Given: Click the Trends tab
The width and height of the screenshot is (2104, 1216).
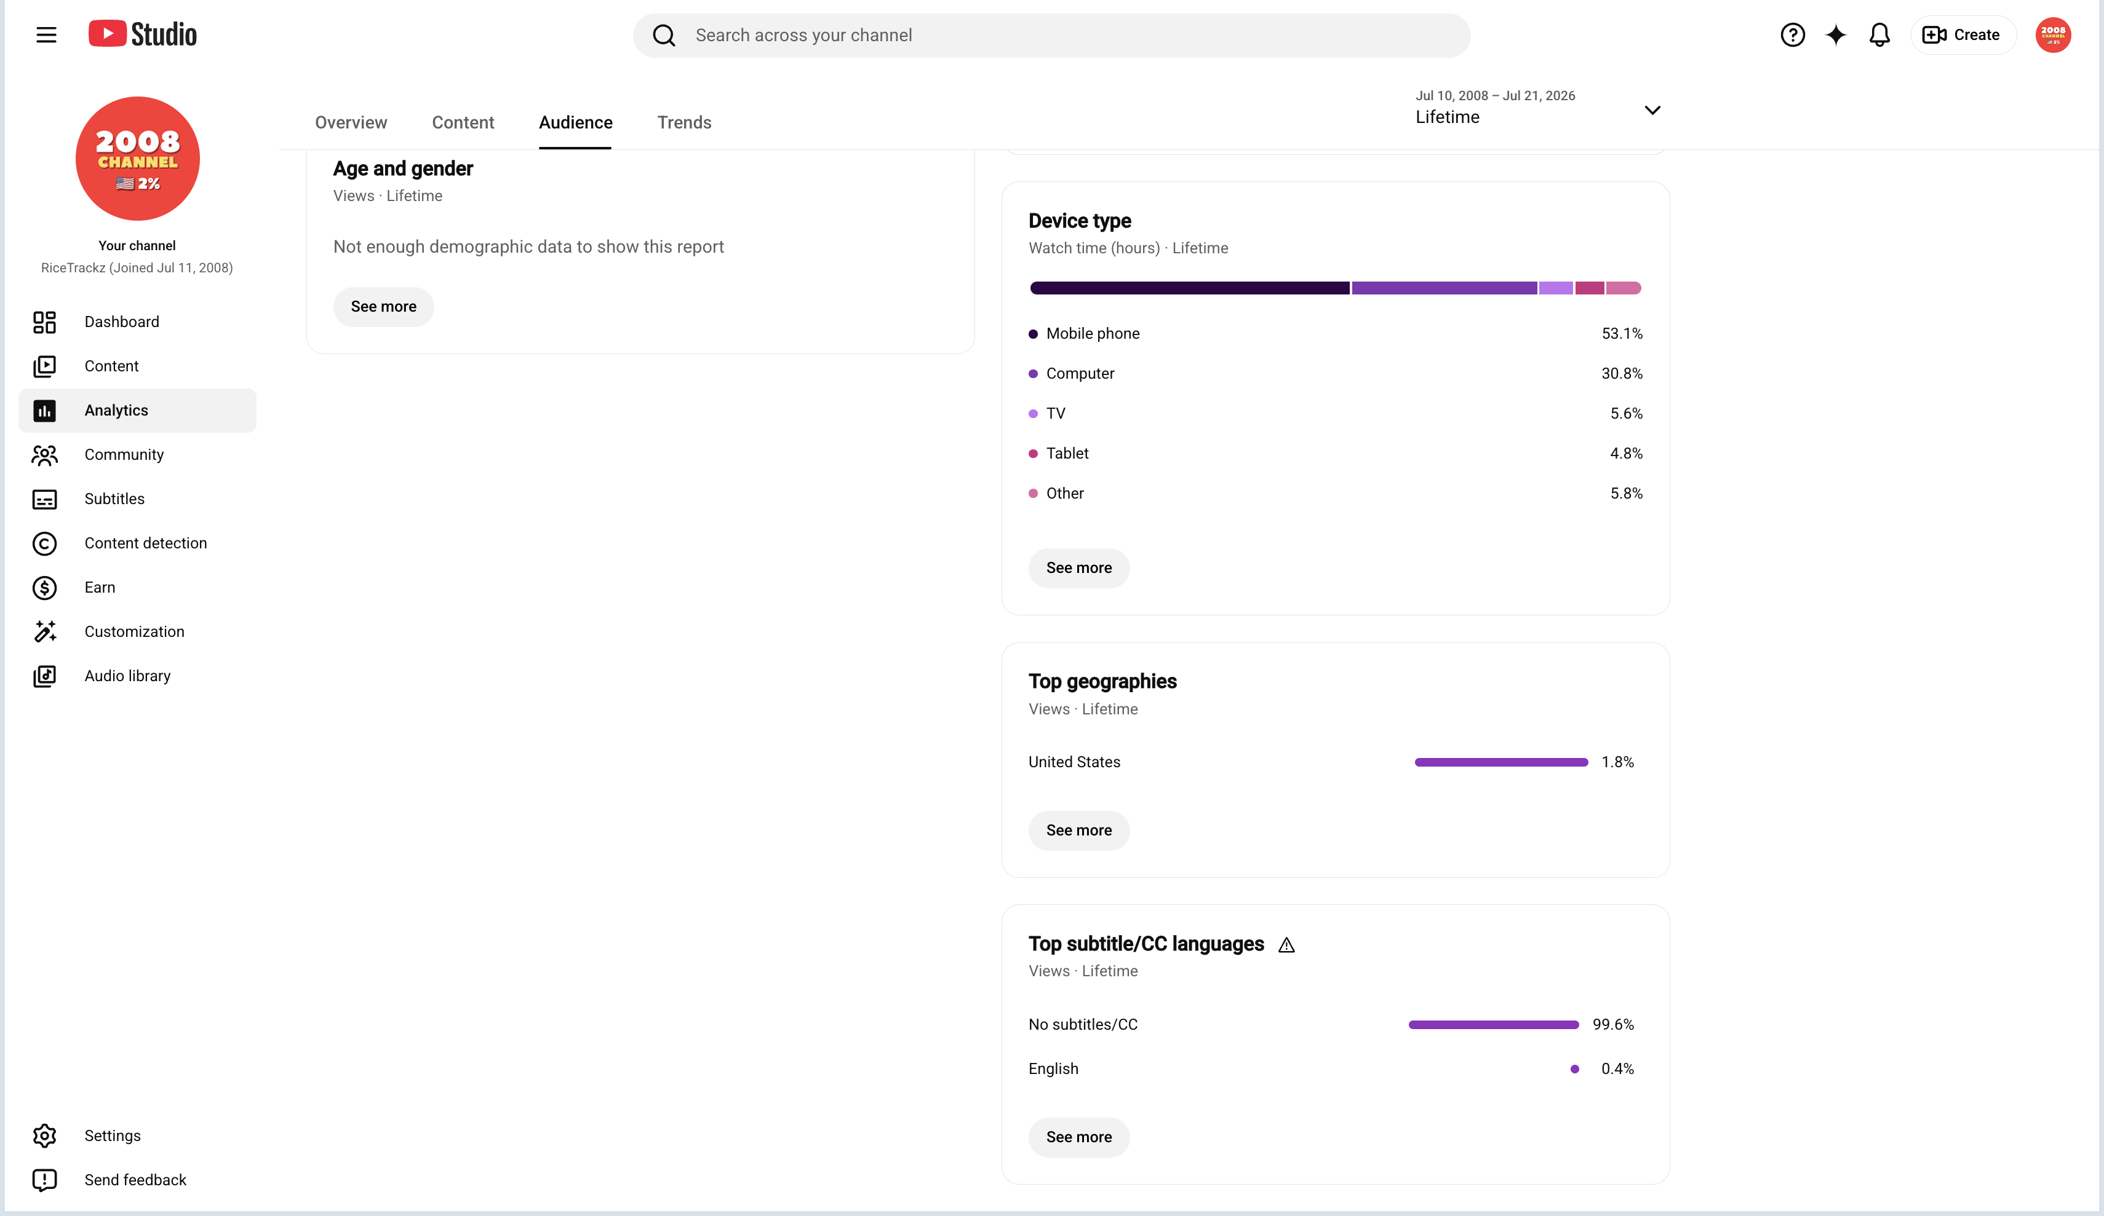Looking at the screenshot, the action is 684,123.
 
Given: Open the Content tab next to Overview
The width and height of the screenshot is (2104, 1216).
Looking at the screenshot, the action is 463,123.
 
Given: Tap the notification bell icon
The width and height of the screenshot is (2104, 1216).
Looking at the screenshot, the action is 1879,35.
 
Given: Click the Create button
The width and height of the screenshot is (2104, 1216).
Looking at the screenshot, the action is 1962,35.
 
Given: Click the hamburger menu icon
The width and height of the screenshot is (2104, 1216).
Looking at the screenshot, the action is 46,35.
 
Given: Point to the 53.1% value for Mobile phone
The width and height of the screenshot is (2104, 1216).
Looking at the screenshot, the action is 1622,334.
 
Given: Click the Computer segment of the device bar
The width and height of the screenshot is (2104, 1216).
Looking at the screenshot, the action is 1443,288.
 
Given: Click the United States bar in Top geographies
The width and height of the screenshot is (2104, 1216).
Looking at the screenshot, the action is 1500,762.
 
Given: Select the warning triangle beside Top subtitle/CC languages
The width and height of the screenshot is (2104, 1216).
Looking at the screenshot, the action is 1286,946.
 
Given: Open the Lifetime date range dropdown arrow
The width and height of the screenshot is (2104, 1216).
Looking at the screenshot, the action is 1651,110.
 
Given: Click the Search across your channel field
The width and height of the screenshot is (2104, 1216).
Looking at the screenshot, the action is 1051,35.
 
